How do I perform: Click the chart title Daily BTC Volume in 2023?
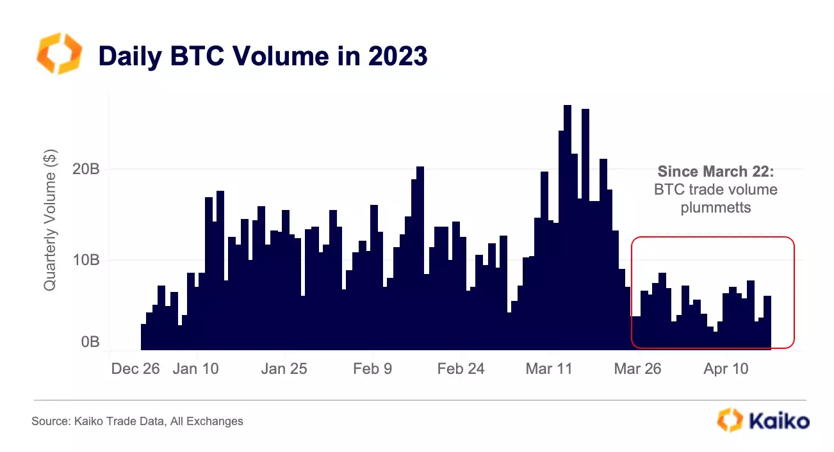[x=262, y=56]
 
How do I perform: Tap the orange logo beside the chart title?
[x=60, y=54]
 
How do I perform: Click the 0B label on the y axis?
[x=88, y=342]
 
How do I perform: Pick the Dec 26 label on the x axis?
[x=135, y=369]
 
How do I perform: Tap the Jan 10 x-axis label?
[x=196, y=369]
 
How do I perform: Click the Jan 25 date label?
[x=284, y=369]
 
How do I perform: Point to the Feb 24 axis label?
[x=461, y=369]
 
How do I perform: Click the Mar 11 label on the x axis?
[x=549, y=369]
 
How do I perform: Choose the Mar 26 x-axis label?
[x=637, y=369]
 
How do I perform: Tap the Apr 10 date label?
[x=726, y=369]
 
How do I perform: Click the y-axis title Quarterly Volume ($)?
[x=50, y=220]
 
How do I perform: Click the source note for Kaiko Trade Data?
[x=137, y=421]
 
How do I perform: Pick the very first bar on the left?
[x=143, y=337]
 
